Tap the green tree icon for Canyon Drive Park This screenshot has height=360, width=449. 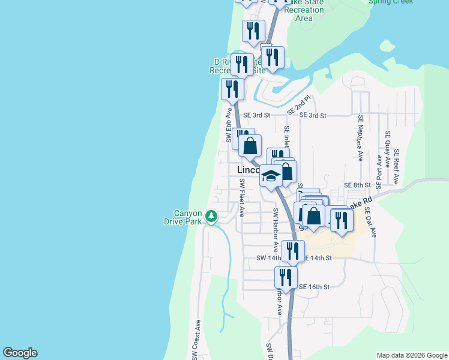pos(211,216)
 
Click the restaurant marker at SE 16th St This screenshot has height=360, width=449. pos(286,277)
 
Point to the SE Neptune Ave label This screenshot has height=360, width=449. pos(361,138)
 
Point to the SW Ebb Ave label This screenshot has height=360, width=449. pos(229,125)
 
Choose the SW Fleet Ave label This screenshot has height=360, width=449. pos(242,197)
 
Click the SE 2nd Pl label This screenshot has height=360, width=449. pos(299,104)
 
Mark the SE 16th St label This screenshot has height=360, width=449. pos(315,287)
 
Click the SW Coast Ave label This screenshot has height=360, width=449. pos(196,340)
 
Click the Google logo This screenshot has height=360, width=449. pos(20,353)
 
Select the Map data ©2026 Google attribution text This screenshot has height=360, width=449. pos(411,355)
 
